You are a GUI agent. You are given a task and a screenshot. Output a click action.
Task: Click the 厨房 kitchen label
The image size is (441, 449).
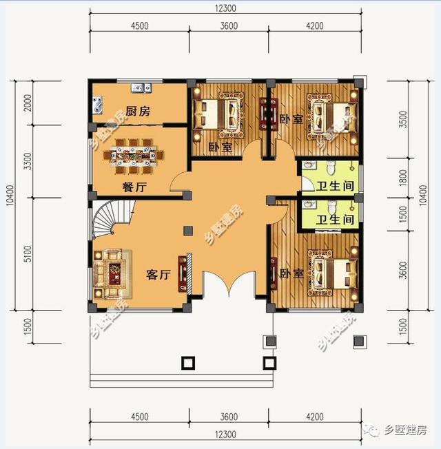138,111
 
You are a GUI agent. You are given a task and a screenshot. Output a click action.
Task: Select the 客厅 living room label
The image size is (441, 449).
158,274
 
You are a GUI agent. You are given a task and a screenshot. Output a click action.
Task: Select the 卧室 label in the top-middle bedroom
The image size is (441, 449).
220,147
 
